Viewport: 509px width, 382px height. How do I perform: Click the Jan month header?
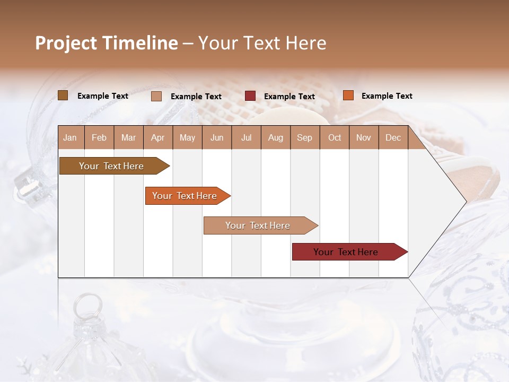point(70,137)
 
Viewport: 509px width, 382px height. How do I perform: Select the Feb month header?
point(99,137)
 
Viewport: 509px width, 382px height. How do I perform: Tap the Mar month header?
point(128,137)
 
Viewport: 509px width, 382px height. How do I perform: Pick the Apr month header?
point(158,137)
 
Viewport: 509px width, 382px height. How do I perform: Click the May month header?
point(187,137)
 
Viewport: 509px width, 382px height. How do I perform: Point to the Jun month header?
point(217,137)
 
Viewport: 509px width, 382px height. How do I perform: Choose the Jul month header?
point(246,137)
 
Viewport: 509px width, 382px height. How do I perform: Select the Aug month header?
point(276,137)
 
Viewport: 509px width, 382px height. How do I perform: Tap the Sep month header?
point(305,137)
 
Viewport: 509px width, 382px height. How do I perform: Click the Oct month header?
point(335,137)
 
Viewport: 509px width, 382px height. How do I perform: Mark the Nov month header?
point(364,137)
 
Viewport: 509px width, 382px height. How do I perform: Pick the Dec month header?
point(393,137)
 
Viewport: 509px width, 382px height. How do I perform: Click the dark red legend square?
point(250,96)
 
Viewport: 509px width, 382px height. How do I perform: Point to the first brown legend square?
point(63,95)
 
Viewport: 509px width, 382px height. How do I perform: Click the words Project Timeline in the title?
point(107,43)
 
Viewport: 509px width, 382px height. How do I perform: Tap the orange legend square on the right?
point(348,95)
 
